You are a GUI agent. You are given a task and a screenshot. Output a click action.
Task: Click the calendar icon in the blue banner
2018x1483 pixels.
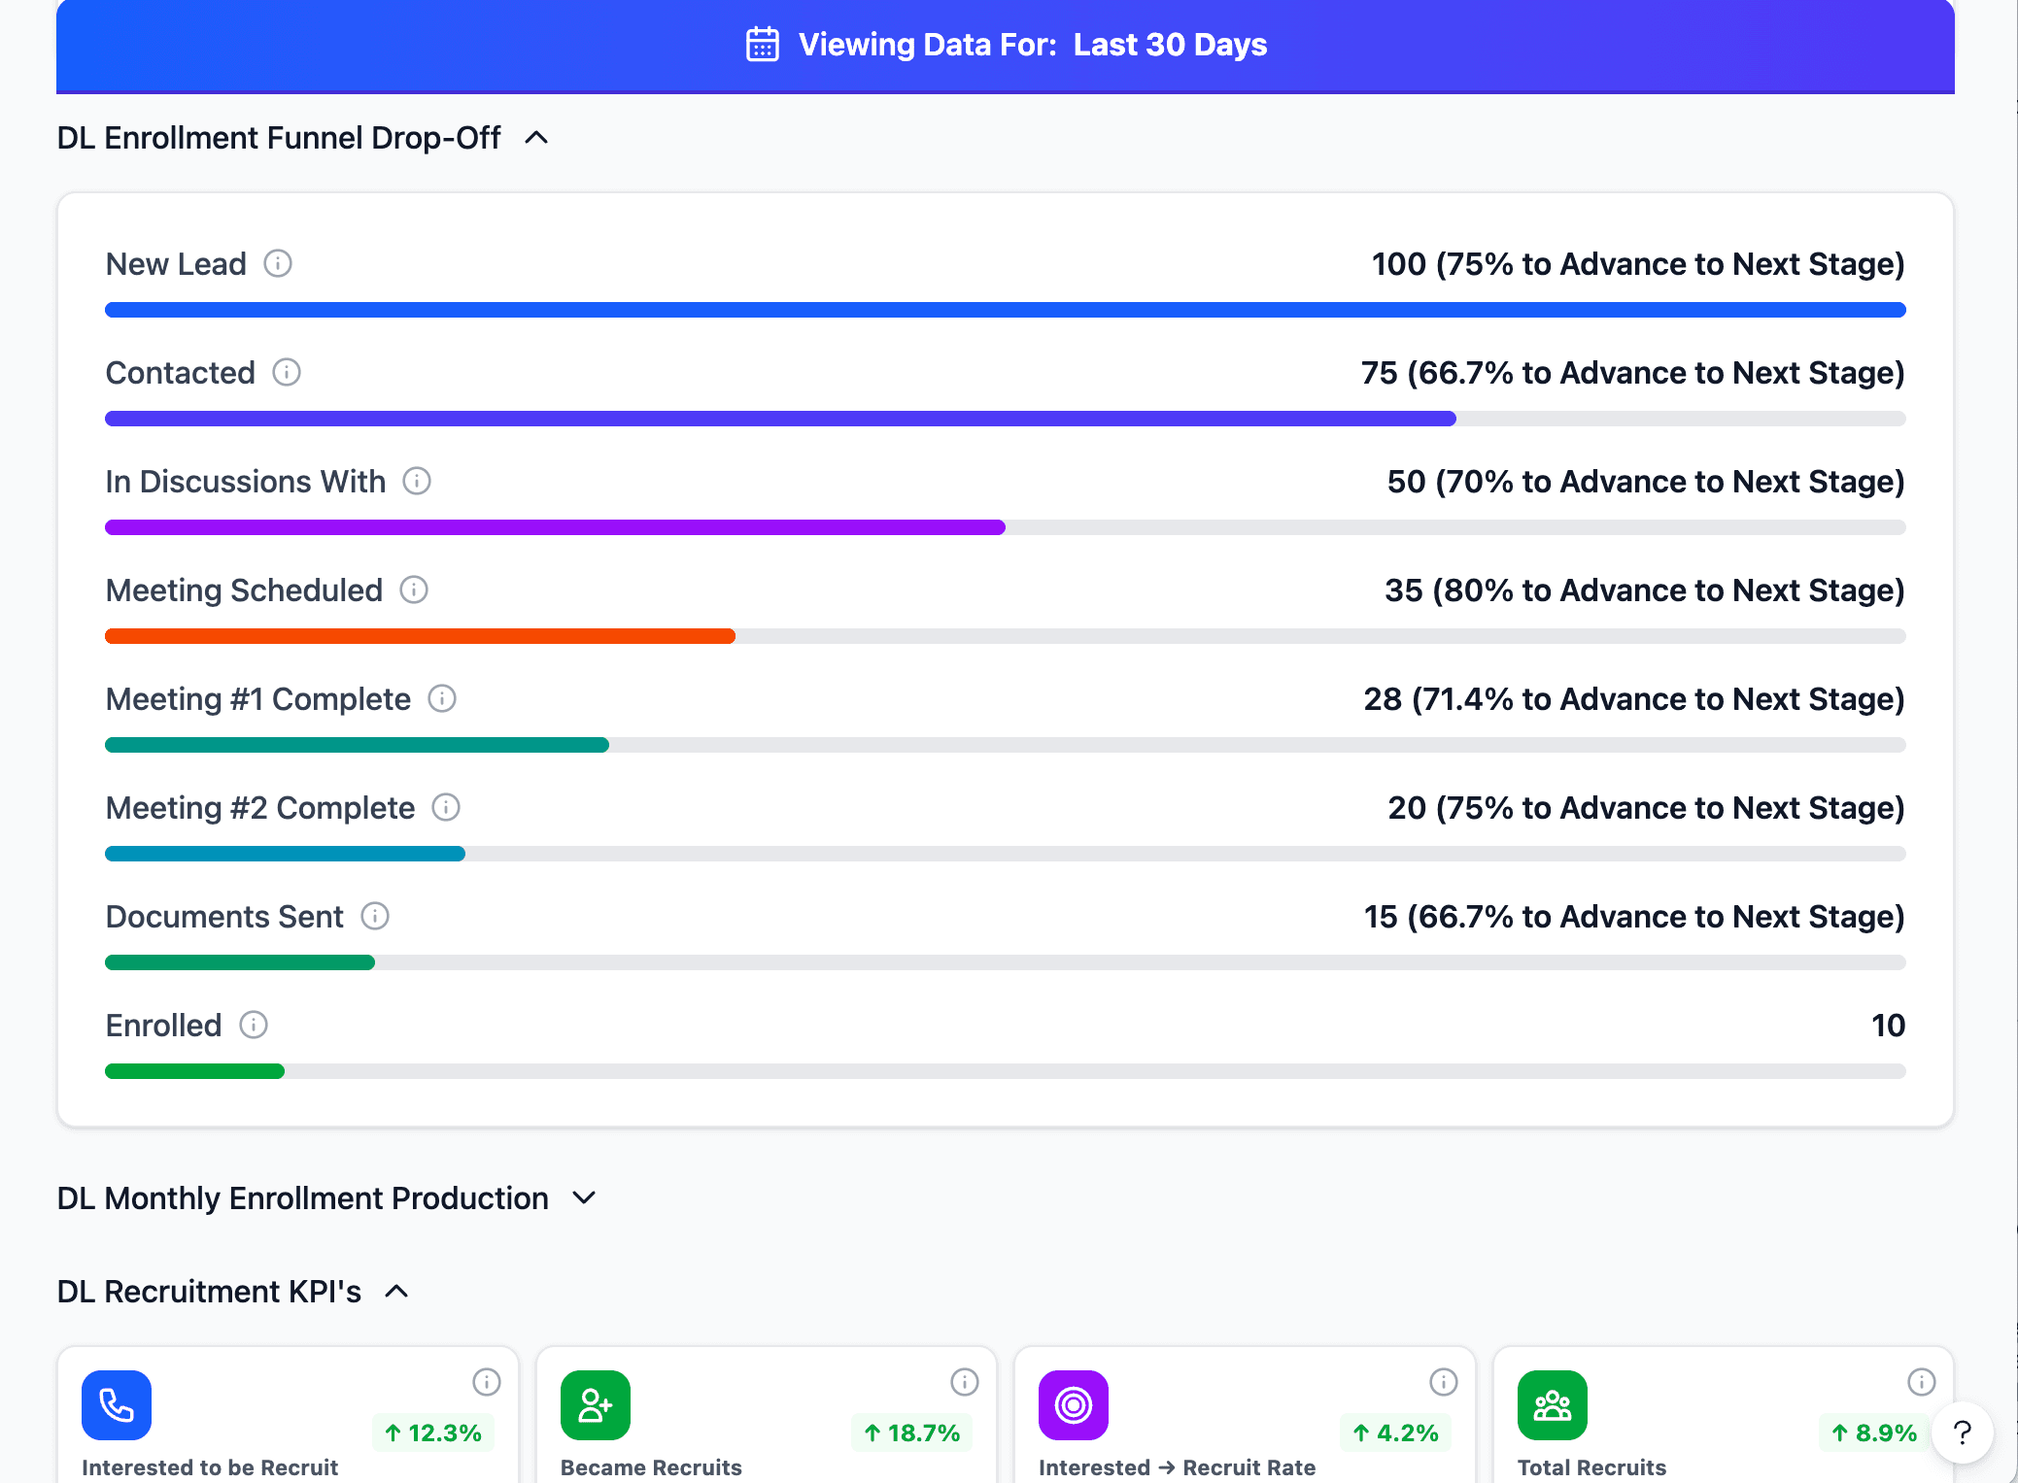762,45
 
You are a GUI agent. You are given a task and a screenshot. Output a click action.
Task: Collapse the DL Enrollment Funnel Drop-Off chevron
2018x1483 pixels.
536,138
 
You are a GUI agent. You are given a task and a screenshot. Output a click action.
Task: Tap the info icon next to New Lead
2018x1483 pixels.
278,264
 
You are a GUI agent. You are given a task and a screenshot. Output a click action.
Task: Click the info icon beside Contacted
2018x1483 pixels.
287,373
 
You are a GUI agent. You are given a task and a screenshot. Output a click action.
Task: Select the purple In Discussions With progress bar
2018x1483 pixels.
555,527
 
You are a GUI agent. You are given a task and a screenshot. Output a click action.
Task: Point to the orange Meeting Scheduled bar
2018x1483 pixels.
420,636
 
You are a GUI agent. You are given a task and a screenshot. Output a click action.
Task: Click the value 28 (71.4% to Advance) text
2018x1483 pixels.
1633,699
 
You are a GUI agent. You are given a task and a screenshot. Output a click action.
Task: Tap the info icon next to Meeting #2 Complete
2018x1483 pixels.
446,808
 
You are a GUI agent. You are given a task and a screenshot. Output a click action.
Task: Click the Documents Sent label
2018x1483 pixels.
224,917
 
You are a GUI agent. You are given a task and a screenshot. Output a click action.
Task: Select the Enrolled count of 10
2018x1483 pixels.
1888,1026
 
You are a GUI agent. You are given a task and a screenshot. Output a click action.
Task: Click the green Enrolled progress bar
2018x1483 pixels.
194,1071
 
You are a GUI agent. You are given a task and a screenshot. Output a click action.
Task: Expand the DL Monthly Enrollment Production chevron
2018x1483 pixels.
584,1198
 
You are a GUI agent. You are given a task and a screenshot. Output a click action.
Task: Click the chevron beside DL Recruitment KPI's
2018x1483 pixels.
396,1292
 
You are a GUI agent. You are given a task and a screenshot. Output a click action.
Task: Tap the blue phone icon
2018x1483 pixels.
117,1405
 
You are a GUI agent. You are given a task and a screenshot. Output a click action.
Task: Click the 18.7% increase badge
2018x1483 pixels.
912,1432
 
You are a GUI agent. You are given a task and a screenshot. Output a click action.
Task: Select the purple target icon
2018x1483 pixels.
1074,1405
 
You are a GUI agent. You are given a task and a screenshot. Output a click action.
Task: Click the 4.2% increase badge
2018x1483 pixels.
1395,1432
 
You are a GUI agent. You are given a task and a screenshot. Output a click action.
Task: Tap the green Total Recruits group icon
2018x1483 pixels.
1552,1405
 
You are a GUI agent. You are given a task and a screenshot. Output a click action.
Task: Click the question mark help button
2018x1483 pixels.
1962,1432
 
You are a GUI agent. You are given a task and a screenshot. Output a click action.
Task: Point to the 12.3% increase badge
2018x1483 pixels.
433,1432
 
